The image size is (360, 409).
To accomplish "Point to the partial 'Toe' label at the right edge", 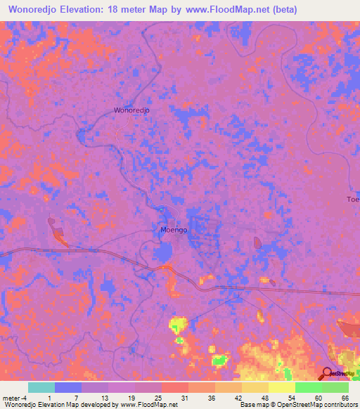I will tap(352, 200).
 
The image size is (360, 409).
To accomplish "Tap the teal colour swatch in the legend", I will tap(41, 387).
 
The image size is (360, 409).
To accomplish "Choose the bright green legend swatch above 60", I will tap(308, 387).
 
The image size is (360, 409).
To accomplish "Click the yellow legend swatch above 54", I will tap(281, 387).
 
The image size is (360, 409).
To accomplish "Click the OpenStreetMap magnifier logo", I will tap(327, 374).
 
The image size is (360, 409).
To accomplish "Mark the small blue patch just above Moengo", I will tap(161, 209).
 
